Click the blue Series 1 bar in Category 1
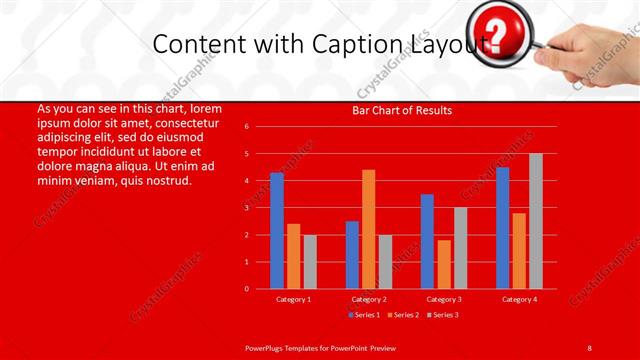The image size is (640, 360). [277, 231]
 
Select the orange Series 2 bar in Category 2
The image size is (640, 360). [368, 229]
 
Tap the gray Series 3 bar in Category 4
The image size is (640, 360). [536, 221]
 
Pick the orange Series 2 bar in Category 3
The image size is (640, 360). [444, 264]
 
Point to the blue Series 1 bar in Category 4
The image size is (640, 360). [502, 228]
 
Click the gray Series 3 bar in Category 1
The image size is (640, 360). [310, 262]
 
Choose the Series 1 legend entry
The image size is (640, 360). [364, 315]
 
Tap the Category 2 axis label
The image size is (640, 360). [369, 299]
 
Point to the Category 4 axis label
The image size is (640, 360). [519, 299]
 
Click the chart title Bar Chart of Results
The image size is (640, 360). [402, 110]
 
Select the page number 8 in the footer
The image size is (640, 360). [590, 346]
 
